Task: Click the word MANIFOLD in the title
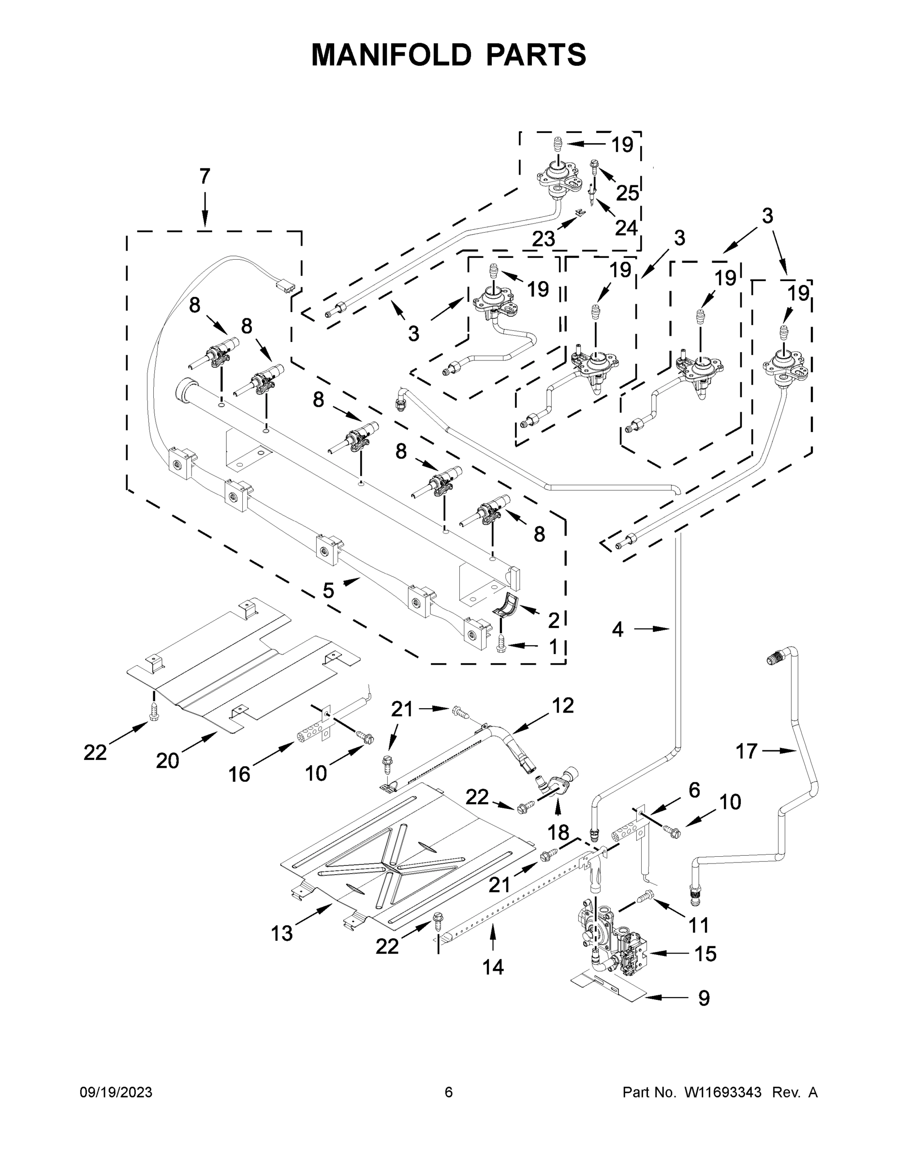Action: [391, 55]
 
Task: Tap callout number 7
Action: [205, 177]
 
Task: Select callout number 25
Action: [627, 193]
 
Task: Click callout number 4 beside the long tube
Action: [617, 629]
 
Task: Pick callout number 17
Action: [746, 751]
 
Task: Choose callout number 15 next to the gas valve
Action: [705, 953]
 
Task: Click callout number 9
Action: [704, 998]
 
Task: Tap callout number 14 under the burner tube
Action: [493, 967]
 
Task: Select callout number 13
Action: [281, 933]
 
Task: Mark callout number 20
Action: [167, 761]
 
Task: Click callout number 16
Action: [239, 774]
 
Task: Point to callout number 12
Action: [563, 705]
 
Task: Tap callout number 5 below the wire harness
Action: [328, 590]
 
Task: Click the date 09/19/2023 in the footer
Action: [116, 1092]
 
